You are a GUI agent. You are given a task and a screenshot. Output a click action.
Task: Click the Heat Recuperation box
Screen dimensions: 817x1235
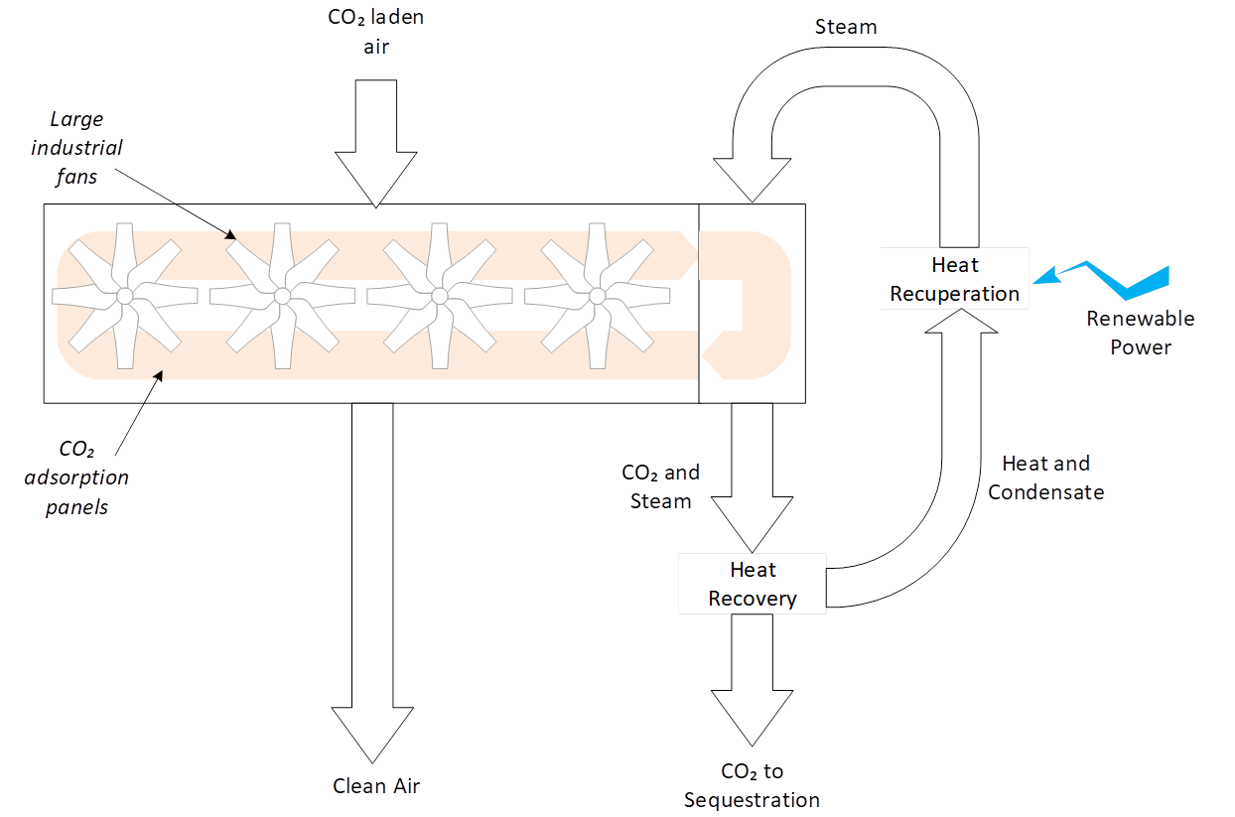(x=954, y=279)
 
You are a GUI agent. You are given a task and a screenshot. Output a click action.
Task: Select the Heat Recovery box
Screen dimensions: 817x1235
(x=753, y=584)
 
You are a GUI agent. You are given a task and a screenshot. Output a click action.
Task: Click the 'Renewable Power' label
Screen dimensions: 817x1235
(x=1140, y=334)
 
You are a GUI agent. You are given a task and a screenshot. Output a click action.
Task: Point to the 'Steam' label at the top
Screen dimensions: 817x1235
(x=846, y=27)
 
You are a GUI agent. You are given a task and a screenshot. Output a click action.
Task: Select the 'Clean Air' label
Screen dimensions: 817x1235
(x=376, y=786)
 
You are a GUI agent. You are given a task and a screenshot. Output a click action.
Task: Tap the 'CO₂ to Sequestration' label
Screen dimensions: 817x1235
(x=752, y=785)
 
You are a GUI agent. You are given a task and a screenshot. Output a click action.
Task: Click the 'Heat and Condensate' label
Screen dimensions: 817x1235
(x=1045, y=477)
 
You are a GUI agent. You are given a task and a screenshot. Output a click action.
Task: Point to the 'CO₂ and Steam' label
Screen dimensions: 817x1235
(x=660, y=486)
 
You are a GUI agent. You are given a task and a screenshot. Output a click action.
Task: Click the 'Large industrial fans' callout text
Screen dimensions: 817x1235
(x=88, y=148)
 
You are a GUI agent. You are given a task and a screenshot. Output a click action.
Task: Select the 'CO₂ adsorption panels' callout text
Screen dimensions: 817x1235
(x=88, y=478)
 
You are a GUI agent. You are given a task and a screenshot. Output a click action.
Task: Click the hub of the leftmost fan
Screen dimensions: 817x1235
(x=124, y=296)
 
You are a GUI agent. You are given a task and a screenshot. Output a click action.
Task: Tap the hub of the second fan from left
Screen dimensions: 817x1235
(x=282, y=296)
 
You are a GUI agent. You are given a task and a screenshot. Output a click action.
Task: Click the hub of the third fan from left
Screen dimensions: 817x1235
(x=440, y=296)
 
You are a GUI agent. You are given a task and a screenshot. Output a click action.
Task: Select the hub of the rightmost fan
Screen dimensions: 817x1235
(x=597, y=296)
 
